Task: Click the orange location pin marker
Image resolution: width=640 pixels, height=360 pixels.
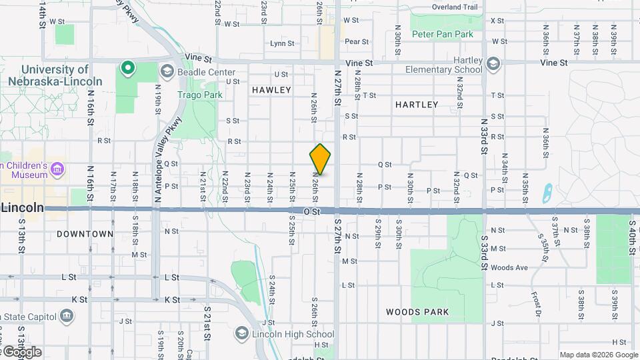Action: point(320,159)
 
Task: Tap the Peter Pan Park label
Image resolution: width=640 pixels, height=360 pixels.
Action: point(442,34)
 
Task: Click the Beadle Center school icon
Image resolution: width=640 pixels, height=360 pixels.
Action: point(166,71)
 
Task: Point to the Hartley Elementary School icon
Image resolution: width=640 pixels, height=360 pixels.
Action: point(493,64)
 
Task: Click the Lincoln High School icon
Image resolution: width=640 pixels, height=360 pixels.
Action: point(241,334)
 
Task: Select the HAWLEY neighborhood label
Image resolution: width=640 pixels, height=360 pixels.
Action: point(271,89)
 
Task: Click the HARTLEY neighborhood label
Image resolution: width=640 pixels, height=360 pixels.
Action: point(417,105)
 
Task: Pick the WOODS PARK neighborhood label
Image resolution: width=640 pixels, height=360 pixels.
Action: point(417,312)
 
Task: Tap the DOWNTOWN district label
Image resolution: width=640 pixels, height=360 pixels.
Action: point(85,234)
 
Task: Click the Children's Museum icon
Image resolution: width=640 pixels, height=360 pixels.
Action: point(57,169)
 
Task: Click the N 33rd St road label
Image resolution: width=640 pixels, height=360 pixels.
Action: point(485,138)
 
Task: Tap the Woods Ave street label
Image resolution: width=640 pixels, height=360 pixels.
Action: point(509,268)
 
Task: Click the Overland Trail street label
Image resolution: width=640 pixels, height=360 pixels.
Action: point(455,7)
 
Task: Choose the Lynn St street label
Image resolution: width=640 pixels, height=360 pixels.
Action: point(282,44)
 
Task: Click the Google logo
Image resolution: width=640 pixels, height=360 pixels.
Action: point(21,351)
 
